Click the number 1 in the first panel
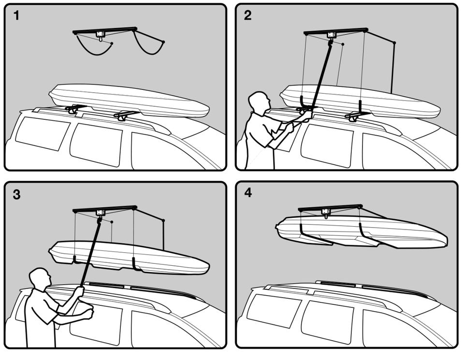[16, 15]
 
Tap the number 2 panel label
[247, 15]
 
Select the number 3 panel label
[16, 195]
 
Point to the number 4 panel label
[248, 193]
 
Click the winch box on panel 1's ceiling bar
[101, 33]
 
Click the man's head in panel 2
[259, 102]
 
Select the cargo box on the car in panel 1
[130, 101]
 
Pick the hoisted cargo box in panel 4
[362, 230]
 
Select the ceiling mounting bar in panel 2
[336, 31]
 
